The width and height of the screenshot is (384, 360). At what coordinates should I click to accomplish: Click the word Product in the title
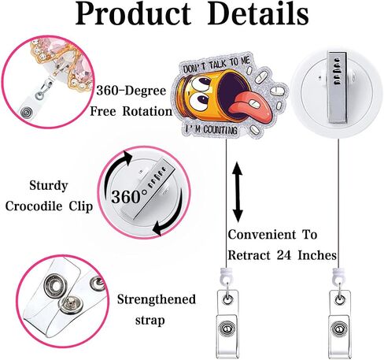[133, 14]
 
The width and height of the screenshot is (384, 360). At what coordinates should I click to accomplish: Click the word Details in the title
[258, 13]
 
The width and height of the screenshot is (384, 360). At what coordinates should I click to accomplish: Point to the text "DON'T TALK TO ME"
[216, 65]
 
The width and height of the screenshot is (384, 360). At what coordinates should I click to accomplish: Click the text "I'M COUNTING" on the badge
[211, 129]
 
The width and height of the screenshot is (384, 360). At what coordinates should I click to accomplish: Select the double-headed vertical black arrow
[238, 192]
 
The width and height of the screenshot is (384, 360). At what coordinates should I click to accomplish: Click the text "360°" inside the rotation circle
[129, 196]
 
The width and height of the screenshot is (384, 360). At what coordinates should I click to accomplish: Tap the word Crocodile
[34, 206]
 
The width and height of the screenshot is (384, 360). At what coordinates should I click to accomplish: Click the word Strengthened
[157, 299]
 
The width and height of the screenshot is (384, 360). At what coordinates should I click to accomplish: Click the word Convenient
[262, 235]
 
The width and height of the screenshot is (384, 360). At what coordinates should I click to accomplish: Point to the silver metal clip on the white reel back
[337, 87]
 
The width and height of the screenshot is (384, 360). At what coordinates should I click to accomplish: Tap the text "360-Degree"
[131, 91]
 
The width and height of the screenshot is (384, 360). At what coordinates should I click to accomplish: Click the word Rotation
[147, 111]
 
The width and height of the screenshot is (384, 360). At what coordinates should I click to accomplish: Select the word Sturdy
[49, 186]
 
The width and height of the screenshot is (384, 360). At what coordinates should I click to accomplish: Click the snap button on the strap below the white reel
[339, 328]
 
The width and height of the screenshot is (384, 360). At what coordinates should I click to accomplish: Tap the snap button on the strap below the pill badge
[227, 328]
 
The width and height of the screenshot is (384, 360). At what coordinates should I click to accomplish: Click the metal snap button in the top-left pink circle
[26, 113]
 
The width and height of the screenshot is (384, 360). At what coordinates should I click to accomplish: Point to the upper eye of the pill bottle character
[201, 84]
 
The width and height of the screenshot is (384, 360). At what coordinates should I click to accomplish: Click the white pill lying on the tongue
[254, 103]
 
